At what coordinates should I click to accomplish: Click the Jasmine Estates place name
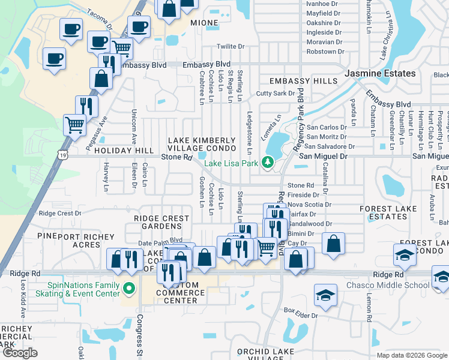(x=380, y=73)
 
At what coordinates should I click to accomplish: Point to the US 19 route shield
(x=63, y=155)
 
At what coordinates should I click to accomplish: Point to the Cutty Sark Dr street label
(x=275, y=93)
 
